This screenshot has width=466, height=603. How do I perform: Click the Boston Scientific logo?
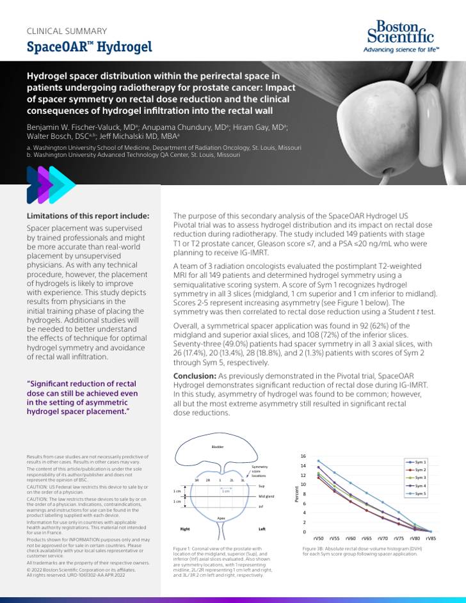point(398,36)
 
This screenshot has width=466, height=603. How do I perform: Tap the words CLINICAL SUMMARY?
point(67,31)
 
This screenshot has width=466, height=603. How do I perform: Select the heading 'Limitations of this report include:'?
point(88,216)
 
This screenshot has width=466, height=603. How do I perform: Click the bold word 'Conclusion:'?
point(195,375)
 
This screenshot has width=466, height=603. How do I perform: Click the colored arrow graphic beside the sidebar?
point(51,184)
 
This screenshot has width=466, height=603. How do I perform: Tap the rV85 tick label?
point(431,539)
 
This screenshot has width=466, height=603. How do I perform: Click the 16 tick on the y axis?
point(303,456)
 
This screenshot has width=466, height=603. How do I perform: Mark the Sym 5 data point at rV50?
point(319,461)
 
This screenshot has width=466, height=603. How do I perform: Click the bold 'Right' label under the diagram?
point(185,529)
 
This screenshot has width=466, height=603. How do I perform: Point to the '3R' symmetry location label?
point(197,479)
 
